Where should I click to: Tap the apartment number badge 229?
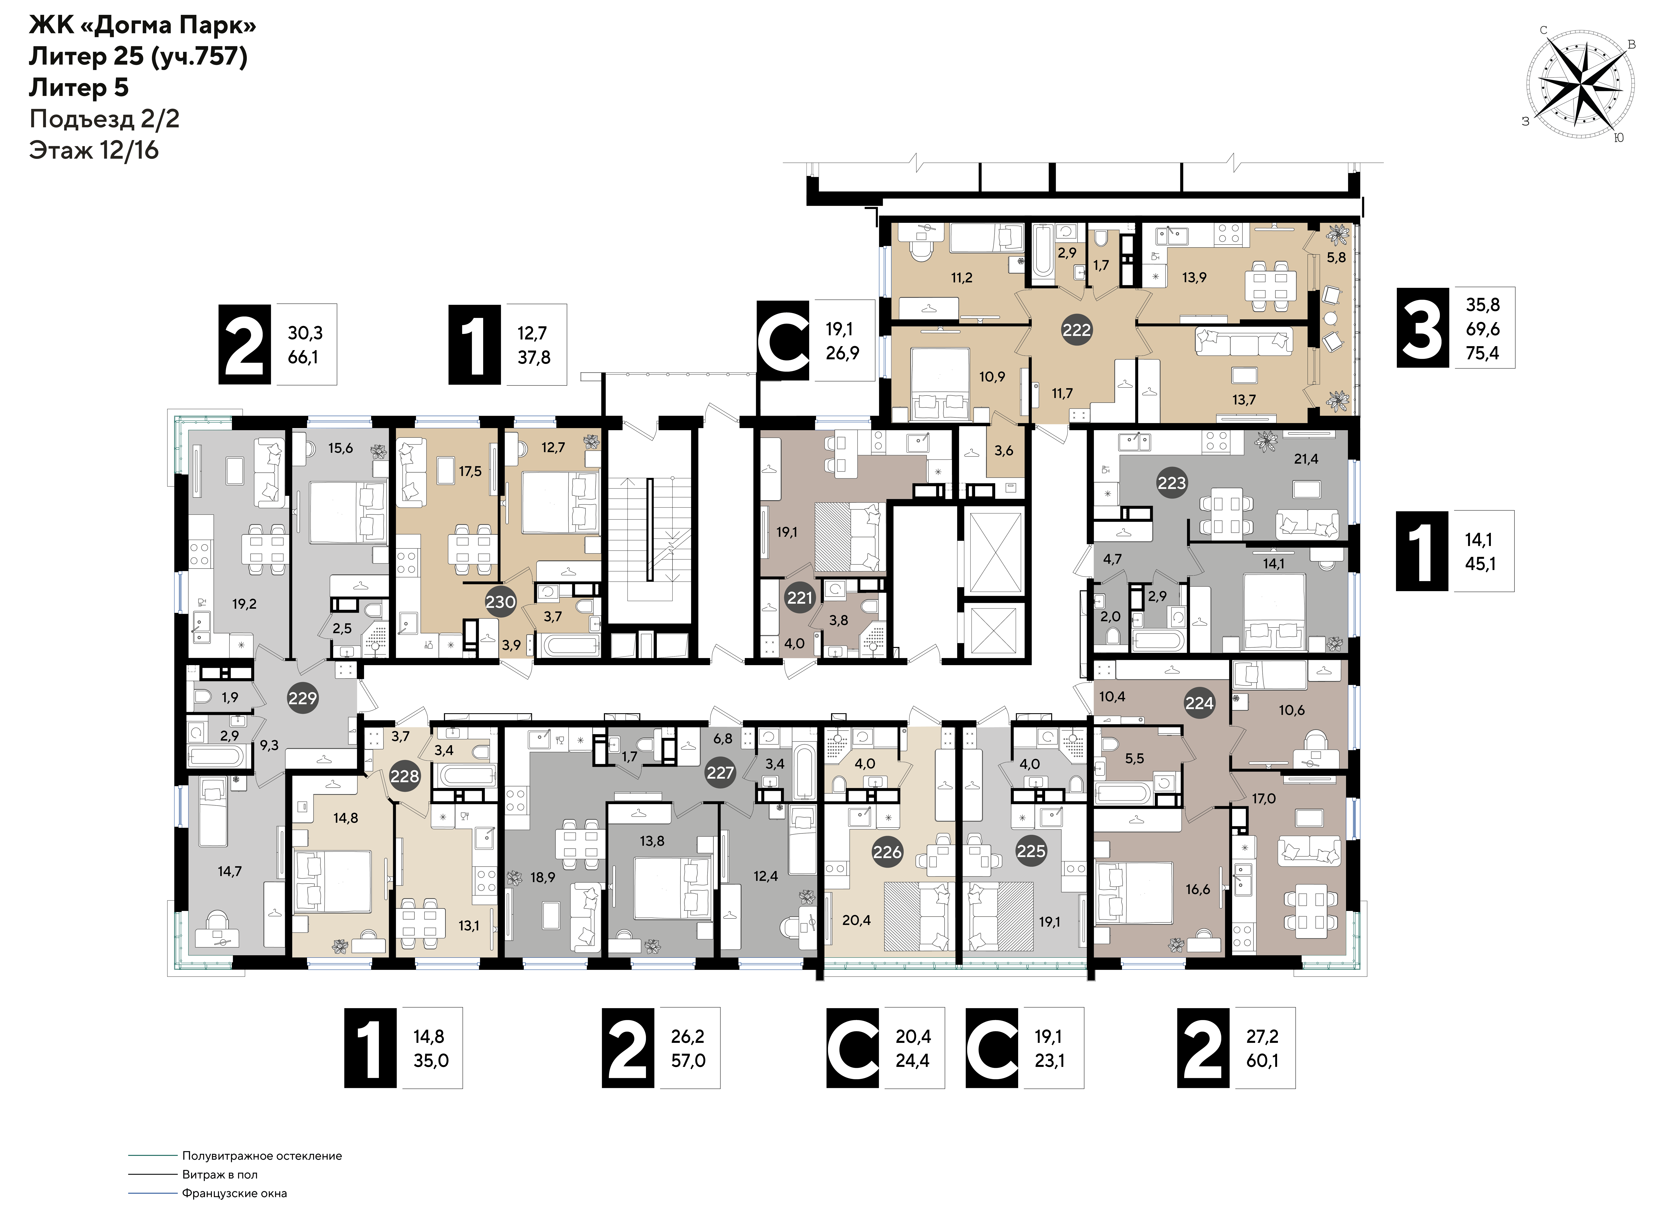[302, 698]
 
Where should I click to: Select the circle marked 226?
[887, 852]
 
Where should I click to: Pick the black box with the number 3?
[1422, 328]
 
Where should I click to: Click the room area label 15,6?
[341, 448]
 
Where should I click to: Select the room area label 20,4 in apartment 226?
[856, 920]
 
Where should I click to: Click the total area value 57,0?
[688, 1061]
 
